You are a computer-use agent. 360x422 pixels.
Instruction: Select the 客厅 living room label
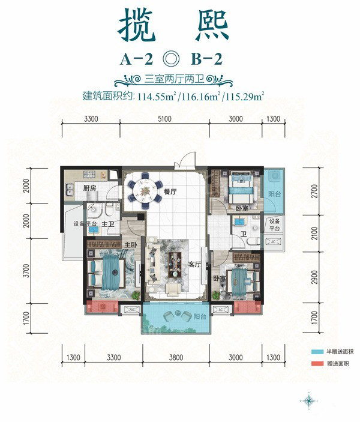tap(194, 263)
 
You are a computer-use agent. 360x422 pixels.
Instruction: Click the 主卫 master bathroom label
tap(109, 225)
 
